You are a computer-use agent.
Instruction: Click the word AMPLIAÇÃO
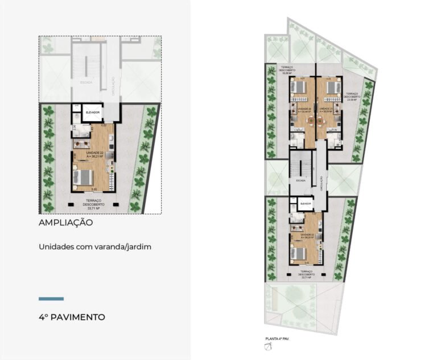click(x=65, y=223)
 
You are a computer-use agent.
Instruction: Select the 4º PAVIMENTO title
click(x=72, y=317)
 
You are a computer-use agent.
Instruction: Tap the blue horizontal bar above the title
click(x=51, y=299)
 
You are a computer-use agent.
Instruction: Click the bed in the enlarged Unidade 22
click(x=84, y=177)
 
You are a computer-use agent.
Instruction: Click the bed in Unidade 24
click(x=298, y=87)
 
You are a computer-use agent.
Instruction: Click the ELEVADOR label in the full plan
click(x=305, y=202)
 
